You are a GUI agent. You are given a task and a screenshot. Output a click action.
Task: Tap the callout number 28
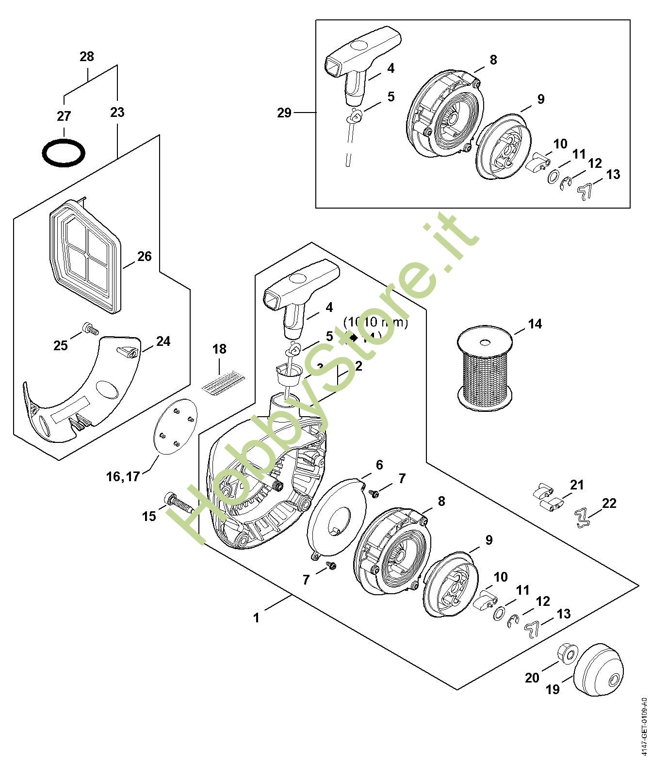86,57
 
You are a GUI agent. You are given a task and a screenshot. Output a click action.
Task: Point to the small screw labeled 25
91,329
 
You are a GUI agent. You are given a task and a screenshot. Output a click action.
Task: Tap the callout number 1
256,618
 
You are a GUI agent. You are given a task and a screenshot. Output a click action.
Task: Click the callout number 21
577,485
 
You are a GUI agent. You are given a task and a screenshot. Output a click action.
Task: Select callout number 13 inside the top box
613,174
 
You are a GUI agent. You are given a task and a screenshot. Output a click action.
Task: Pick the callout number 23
117,113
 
